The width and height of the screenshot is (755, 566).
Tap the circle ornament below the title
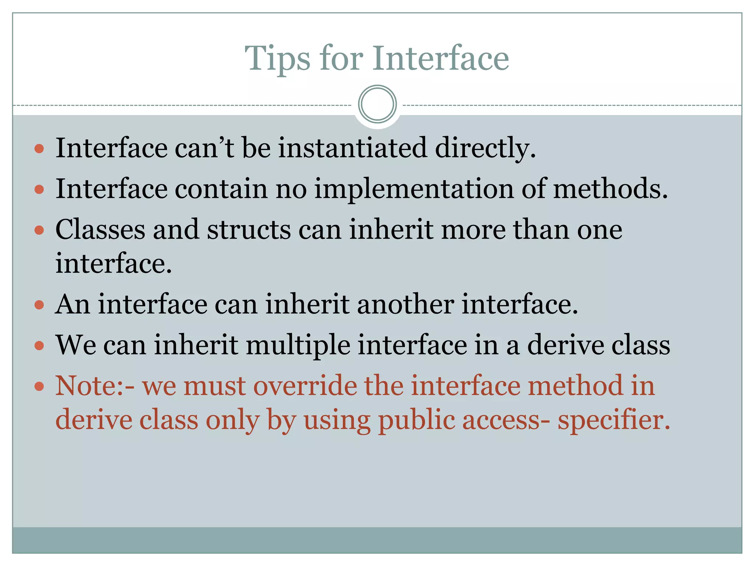pyautogui.click(x=377, y=104)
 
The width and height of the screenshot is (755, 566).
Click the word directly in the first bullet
pyautogui.click(x=485, y=148)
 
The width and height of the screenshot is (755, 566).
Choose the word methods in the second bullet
pyautogui.click(x=610, y=189)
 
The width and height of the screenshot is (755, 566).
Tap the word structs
pyautogui.click(x=249, y=230)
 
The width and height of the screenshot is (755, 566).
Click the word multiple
pyautogui.click(x=298, y=345)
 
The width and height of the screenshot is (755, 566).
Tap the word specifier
pyautogui.click(x=613, y=420)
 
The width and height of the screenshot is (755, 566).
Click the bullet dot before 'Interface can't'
pyautogui.click(x=39, y=149)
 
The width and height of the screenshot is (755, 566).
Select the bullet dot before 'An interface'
pyautogui.click(x=39, y=305)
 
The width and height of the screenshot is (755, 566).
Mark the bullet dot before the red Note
pyautogui.click(x=39, y=387)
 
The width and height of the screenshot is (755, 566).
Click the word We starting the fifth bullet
pyautogui.click(x=76, y=345)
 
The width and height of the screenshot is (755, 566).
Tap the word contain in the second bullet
pyautogui.click(x=221, y=189)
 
